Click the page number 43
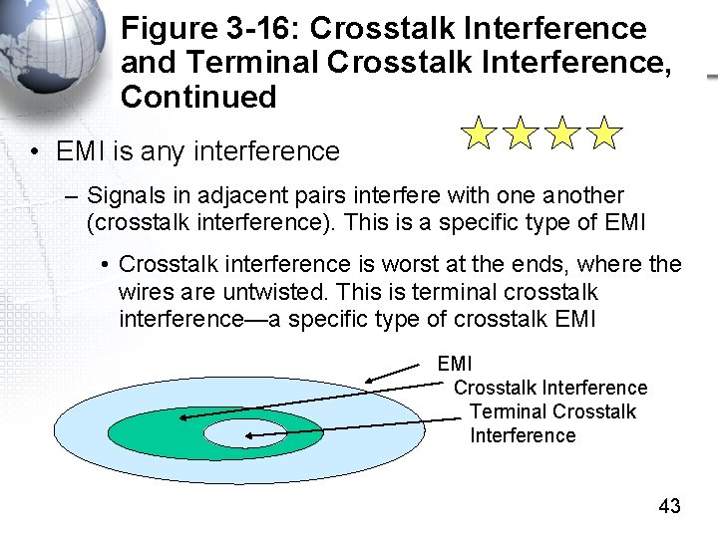point(669,506)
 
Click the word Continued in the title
point(198,97)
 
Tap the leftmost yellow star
point(479,133)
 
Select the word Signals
point(125,195)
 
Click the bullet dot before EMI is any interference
point(35,152)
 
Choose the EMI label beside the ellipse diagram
point(455,364)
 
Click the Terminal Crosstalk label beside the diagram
point(551,411)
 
